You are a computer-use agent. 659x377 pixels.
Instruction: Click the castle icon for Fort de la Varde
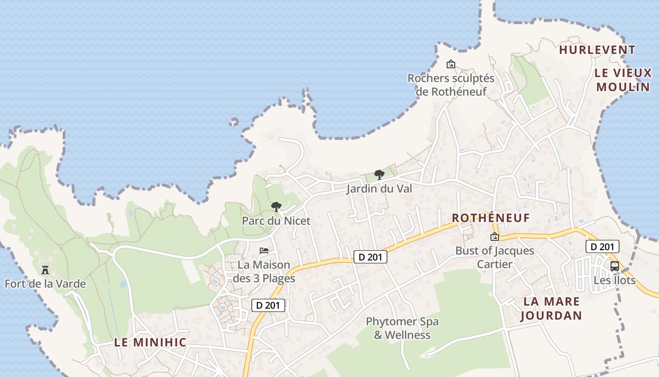pos(45,270)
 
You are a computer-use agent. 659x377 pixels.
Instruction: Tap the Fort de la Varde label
pos(45,284)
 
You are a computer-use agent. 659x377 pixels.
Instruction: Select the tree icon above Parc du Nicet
pos(276,207)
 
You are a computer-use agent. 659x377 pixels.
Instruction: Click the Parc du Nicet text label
pos(276,221)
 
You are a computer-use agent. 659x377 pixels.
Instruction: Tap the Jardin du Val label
pos(379,189)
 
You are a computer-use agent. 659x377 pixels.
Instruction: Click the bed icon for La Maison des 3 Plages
pos(264,250)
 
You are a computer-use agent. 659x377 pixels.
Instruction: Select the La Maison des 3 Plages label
pos(264,271)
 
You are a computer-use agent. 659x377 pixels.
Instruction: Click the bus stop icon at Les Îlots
pos(615,266)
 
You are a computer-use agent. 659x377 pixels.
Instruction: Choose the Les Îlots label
pos(614,280)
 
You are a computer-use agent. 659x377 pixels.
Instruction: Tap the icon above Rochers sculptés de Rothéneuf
pos(451,64)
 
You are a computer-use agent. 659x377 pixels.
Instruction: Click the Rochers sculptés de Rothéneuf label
pos(451,85)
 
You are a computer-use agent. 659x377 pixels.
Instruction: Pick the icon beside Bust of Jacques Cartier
pos(494,237)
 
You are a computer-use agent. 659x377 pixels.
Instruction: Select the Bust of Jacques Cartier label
pos(494,257)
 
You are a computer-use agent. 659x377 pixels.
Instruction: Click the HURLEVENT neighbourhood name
pos(597,50)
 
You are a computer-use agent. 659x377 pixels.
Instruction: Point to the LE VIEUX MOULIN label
pos(623,80)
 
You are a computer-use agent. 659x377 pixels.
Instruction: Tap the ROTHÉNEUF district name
pos(491,218)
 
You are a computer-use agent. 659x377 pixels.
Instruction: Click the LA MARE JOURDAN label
pos(551,308)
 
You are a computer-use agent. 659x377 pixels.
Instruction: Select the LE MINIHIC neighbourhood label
pos(150,343)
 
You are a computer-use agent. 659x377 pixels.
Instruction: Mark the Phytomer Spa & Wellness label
pos(402,328)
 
